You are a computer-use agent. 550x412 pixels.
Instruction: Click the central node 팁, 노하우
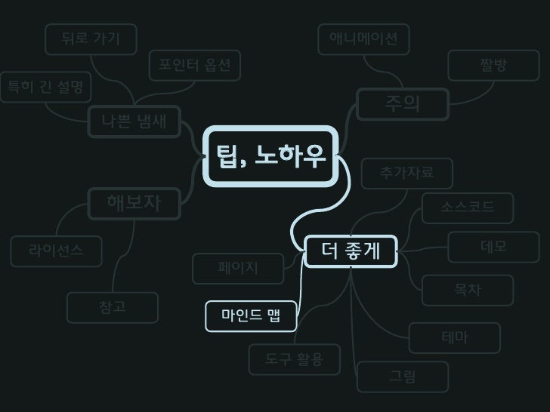point(270,156)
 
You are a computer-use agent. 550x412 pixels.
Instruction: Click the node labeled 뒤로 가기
point(91,39)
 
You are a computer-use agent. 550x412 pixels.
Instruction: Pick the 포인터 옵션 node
point(194,66)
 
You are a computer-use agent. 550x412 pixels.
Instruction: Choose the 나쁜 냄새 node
point(134,121)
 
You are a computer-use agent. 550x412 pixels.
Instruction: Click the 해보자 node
point(134,203)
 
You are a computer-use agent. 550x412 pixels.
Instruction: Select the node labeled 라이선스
point(56,251)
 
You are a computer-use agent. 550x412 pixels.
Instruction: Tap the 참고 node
point(113,307)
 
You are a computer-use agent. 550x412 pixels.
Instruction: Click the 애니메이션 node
point(363,39)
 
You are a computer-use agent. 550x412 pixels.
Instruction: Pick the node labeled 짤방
point(493,66)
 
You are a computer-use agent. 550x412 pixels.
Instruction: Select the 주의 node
point(403,104)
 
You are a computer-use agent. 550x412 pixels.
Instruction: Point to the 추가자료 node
point(407,174)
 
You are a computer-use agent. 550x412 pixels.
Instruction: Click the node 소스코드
point(468,208)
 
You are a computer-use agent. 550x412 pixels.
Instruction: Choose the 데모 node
point(493,247)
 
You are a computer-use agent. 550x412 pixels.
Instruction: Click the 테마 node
point(455,338)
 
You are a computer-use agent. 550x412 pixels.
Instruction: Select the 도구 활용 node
point(295,360)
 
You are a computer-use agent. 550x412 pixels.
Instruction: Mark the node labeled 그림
point(403,377)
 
